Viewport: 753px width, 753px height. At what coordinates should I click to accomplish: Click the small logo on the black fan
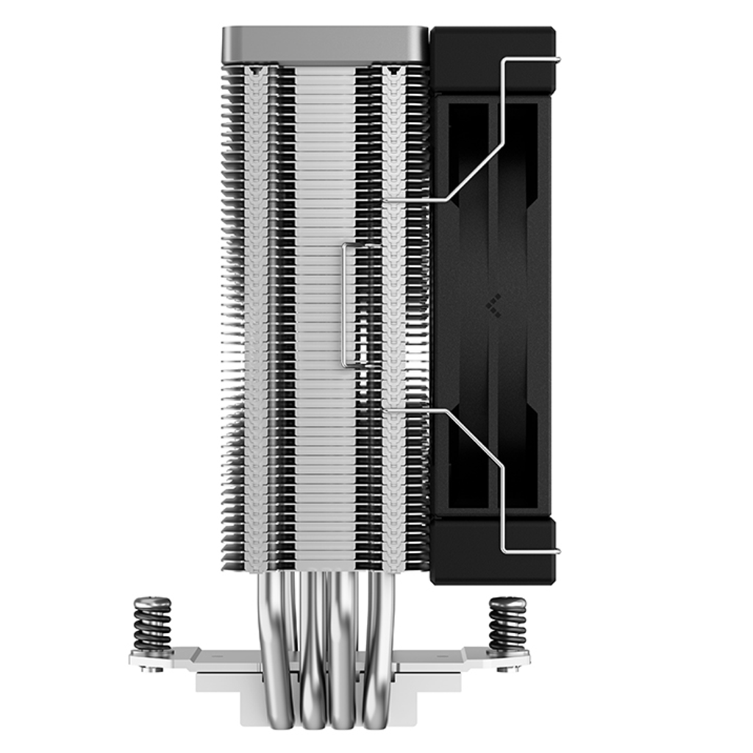click(x=493, y=304)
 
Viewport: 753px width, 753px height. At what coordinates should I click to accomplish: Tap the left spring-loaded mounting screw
click(x=152, y=625)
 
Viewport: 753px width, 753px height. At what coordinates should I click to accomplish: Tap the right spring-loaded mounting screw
click(x=508, y=625)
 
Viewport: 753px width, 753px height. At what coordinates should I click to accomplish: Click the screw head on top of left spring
click(x=152, y=602)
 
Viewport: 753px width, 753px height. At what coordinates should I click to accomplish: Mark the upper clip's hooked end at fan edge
click(x=556, y=60)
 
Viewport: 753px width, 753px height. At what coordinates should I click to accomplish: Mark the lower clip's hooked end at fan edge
click(x=556, y=551)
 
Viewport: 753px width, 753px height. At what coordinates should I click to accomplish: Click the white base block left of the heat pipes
click(x=235, y=680)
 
